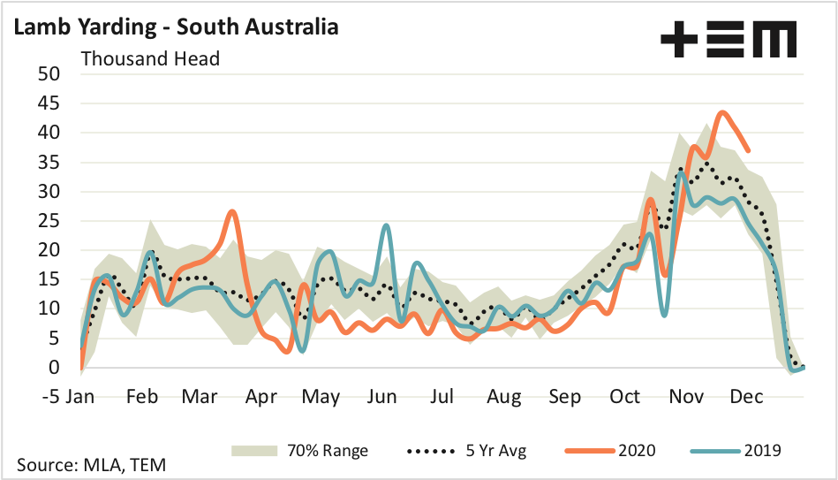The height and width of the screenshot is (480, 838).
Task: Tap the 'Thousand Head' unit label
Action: coord(150,59)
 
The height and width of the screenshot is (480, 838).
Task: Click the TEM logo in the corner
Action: coord(729,41)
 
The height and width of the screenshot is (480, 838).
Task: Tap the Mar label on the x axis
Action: coord(200,397)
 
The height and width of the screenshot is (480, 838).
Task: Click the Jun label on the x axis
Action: coord(381,397)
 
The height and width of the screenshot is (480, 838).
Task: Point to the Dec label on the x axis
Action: coord(745,397)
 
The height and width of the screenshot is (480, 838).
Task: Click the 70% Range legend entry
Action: coord(300,450)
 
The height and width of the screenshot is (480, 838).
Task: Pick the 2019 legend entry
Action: coord(737,450)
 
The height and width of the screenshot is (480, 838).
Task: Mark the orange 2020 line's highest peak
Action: coord(722,112)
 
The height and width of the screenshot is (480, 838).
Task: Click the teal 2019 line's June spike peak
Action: coord(387,225)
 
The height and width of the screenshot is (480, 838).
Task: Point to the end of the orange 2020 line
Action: coord(749,150)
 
